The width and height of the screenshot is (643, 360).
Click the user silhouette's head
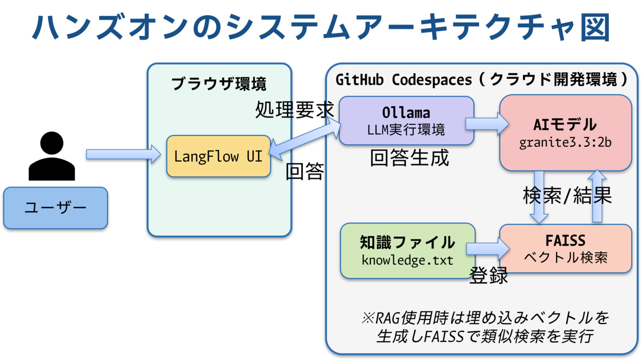click(51, 143)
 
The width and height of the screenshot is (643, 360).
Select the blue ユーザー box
click(56, 208)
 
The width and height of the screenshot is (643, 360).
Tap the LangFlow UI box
click(219, 156)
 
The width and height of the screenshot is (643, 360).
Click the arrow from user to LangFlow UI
click(123, 154)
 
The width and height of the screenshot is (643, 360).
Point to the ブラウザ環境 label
click(219, 84)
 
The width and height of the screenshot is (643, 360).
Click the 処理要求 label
click(295, 109)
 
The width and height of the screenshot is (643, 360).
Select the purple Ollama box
click(406, 121)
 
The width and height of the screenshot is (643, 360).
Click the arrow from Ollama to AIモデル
click(487, 124)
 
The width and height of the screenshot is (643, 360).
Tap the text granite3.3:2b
click(565, 142)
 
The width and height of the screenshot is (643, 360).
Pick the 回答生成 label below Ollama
click(409, 157)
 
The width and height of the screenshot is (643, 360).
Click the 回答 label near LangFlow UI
click(305, 171)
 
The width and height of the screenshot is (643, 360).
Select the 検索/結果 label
click(567, 196)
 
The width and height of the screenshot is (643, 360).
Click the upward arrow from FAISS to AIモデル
click(597, 196)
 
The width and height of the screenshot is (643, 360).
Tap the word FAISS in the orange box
click(565, 241)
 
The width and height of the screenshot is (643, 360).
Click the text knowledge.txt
click(407, 260)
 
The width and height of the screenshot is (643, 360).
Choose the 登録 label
click(489, 275)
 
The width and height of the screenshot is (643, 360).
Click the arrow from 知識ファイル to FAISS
click(488, 249)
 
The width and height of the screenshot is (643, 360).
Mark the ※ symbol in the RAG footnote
click(368, 318)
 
